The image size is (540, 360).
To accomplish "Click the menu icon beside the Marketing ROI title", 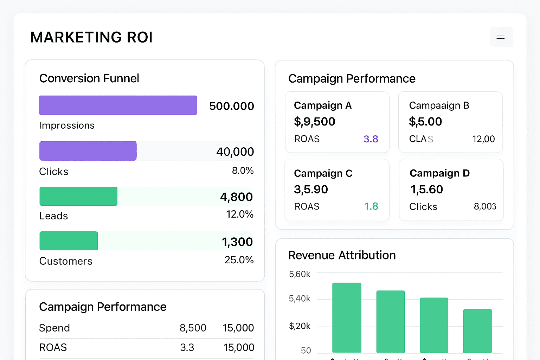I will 501,37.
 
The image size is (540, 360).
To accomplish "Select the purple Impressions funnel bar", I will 118,105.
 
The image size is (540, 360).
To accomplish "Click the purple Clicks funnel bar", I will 88,151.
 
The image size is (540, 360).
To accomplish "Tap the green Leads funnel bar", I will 78,196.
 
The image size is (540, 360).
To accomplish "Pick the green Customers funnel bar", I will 69,241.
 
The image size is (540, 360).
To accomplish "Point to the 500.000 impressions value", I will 231,106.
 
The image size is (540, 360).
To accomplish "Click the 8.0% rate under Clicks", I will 243,171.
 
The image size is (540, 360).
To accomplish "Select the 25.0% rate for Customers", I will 239,260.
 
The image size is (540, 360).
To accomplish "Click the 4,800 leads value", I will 236,197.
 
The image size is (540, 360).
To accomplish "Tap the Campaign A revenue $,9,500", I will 315,122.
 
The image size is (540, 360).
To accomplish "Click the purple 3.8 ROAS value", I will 371,139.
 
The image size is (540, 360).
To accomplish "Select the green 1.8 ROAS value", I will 371,206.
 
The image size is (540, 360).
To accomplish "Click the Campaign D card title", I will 439,173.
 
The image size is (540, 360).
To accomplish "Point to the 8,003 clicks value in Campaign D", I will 485,206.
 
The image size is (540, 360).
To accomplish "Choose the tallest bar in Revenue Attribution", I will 347,317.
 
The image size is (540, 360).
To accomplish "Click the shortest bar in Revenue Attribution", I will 477,331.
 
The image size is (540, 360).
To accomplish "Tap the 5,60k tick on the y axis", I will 300,274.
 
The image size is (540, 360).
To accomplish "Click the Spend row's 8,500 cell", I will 193,328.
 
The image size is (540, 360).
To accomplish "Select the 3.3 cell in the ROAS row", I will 187,348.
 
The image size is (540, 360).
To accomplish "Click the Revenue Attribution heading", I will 342,255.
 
